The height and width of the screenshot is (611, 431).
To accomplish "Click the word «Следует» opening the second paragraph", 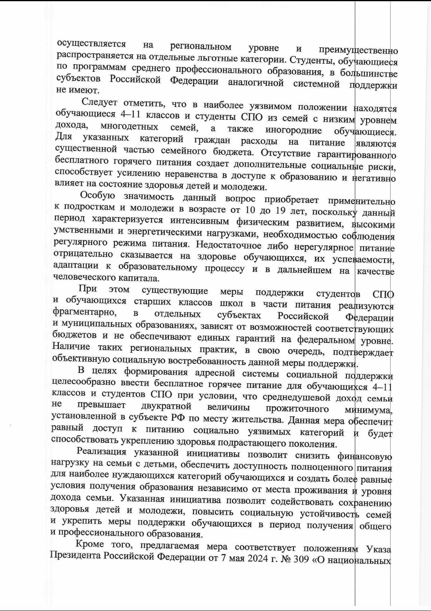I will pyautogui.click(x=99, y=102).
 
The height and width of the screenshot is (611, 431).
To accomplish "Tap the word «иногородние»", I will pyautogui.click(x=293, y=130).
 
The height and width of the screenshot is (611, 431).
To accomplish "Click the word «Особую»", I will pyautogui.click(x=97, y=195).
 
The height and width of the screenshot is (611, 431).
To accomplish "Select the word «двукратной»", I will pyautogui.click(x=166, y=407).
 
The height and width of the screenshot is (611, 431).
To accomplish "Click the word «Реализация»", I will pyautogui.click(x=101, y=452).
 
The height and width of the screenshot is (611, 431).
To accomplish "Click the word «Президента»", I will pyautogui.click(x=76, y=557).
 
